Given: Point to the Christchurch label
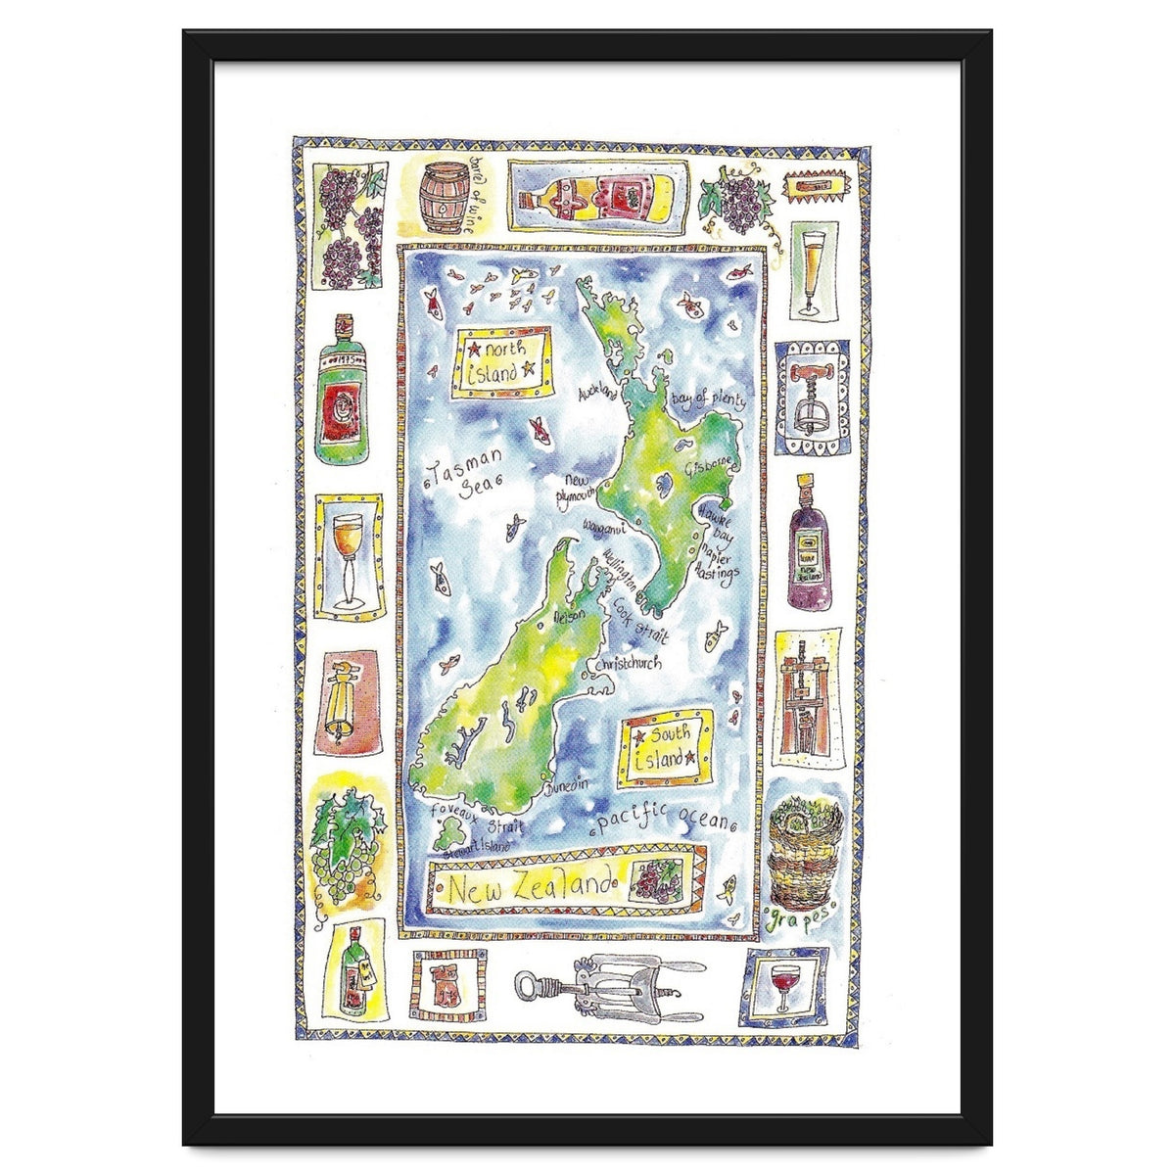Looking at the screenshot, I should [x=625, y=665].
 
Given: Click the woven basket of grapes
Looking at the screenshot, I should [x=804, y=854].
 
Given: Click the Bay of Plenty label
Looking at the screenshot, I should [x=710, y=400].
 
